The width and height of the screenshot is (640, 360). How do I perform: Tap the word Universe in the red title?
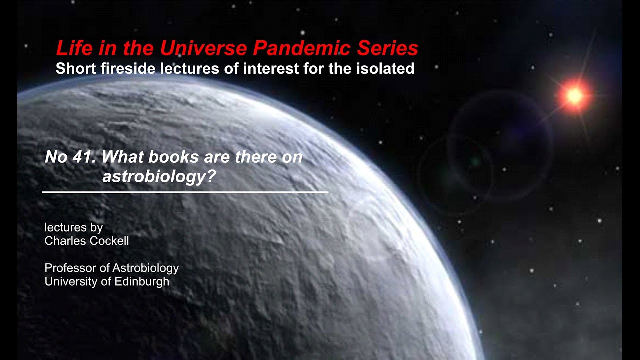(x=204, y=48)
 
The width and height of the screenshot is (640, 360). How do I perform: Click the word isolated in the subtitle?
(x=384, y=68)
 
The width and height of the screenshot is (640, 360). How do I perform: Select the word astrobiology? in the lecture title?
(x=158, y=176)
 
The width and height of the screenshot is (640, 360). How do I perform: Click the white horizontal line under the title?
(x=185, y=192)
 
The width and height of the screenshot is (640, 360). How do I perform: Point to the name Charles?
(x=65, y=241)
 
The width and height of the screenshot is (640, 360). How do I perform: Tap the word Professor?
(x=71, y=268)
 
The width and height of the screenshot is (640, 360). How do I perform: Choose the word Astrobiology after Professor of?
(x=145, y=268)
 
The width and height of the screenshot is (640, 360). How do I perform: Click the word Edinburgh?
(x=142, y=282)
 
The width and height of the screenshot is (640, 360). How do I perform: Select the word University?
(x=70, y=282)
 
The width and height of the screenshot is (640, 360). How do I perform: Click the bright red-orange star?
(x=574, y=95)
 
